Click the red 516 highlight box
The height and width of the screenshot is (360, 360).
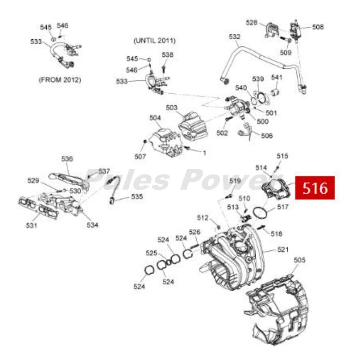click(315, 187)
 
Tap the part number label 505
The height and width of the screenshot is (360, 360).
click(300, 260)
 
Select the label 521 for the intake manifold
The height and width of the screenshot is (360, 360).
click(283, 250)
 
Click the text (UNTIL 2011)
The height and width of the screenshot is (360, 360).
click(154, 40)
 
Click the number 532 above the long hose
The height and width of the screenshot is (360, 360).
click(235, 37)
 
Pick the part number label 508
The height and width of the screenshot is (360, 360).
click(318, 27)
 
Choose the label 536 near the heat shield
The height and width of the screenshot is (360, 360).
click(67, 159)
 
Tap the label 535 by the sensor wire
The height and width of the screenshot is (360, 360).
click(137, 196)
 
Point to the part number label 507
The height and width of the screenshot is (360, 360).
click(140, 157)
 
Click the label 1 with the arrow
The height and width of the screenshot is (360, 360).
click(205, 153)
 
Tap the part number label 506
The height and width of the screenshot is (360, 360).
click(267, 136)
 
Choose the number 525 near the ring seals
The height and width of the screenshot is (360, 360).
click(152, 253)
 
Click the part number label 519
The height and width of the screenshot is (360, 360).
click(235, 181)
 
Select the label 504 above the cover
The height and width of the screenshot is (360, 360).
click(155, 118)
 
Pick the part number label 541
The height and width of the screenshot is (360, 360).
click(276, 77)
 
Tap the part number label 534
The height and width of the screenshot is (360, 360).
click(93, 225)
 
